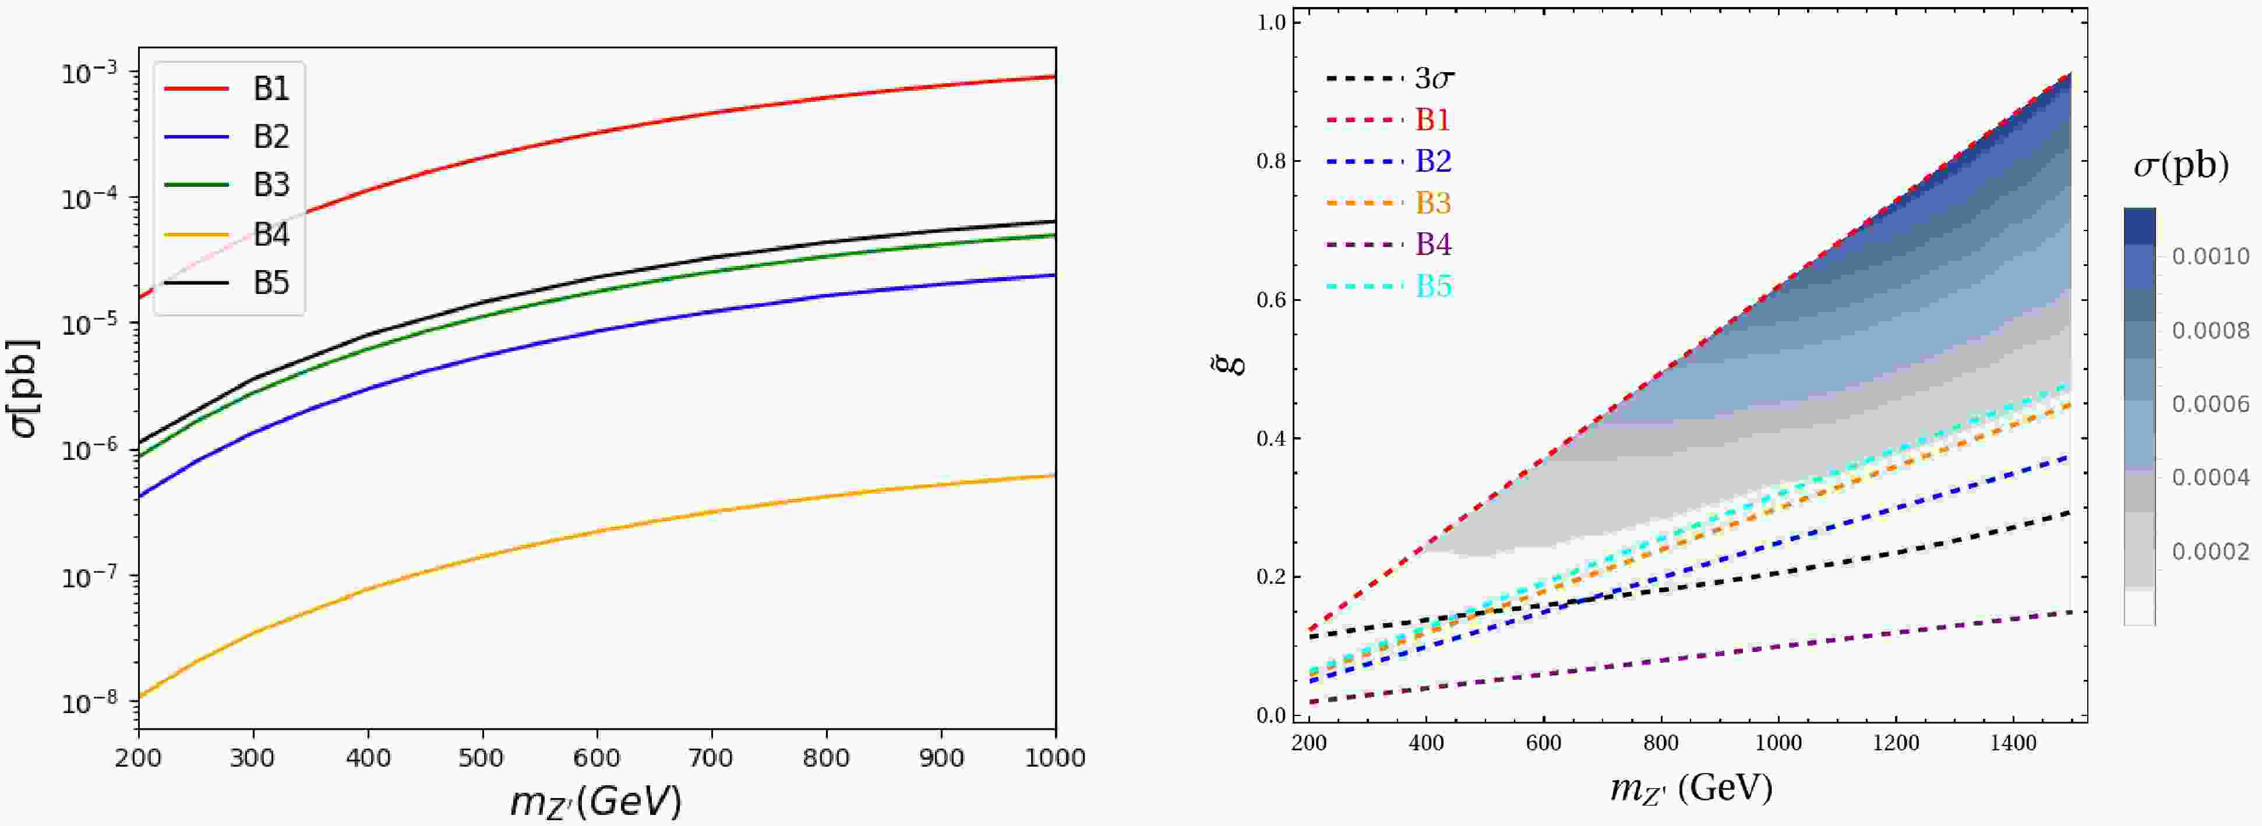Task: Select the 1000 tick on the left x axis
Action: point(1054,757)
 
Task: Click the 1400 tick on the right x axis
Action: point(2013,743)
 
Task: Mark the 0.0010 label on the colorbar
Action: point(2210,256)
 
